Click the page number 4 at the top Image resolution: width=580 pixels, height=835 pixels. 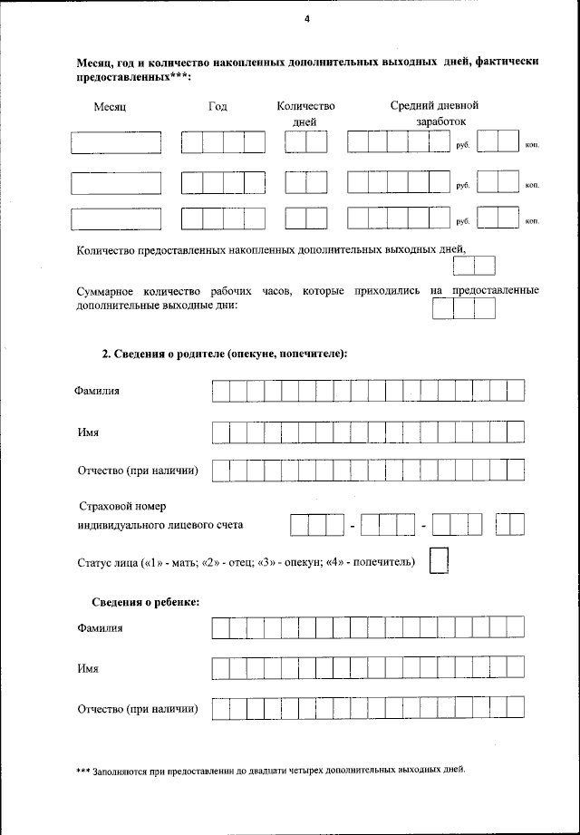pos(307,18)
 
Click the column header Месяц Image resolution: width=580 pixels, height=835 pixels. pos(110,107)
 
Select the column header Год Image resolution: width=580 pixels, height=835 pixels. pos(217,106)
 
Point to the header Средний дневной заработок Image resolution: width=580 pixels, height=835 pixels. pos(434,112)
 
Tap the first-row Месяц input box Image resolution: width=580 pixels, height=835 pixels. pos(116,143)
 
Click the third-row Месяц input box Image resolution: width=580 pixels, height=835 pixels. pos(116,219)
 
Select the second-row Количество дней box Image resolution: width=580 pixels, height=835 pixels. pos(305,182)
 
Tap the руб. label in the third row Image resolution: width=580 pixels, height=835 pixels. pos(462,221)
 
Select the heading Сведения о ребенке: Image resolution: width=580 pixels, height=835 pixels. pos(146,602)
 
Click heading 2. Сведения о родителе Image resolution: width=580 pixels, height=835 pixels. pos(225,354)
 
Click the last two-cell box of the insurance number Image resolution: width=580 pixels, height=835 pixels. pos(510,524)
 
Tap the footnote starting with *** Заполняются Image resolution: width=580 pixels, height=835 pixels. pos(270,770)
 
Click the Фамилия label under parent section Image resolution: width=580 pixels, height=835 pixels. pos(97,391)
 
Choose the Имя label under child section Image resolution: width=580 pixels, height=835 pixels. pos(88,669)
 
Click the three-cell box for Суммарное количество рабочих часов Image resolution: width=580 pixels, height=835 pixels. pos(463,308)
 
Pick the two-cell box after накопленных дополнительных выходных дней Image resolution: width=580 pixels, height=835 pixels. pos(474,266)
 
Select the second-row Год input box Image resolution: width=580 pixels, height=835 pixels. pos(223,182)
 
